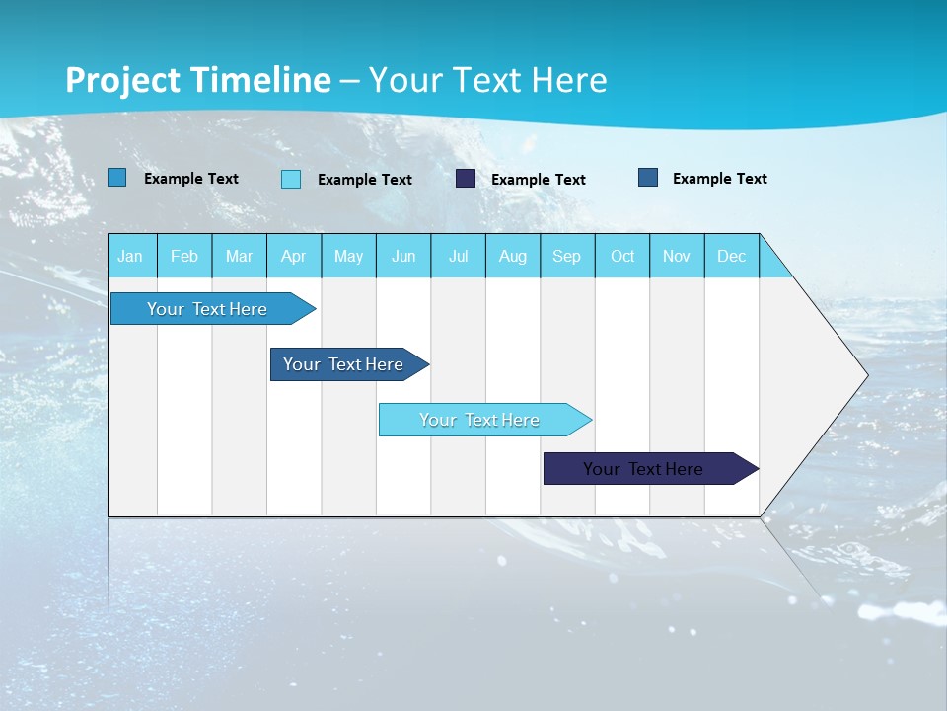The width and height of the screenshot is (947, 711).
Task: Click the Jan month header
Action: click(131, 256)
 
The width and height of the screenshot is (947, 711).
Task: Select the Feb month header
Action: click(184, 256)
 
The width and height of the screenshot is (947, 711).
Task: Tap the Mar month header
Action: click(239, 256)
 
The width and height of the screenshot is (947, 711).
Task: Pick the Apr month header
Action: click(294, 256)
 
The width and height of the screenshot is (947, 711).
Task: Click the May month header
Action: click(348, 256)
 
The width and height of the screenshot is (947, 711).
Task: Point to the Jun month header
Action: click(403, 256)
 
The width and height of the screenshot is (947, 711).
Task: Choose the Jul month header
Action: click(458, 256)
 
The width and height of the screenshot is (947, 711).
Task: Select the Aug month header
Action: click(513, 256)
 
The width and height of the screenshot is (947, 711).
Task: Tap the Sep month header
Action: click(567, 256)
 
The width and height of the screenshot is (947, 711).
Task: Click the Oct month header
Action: click(622, 256)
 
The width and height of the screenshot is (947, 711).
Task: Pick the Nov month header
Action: click(677, 256)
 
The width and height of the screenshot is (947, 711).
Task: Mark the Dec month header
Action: click(732, 256)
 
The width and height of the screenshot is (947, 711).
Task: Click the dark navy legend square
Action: click(466, 179)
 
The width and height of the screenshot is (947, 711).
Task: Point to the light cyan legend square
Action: click(291, 179)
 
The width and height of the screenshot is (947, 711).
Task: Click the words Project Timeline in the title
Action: click(198, 80)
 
